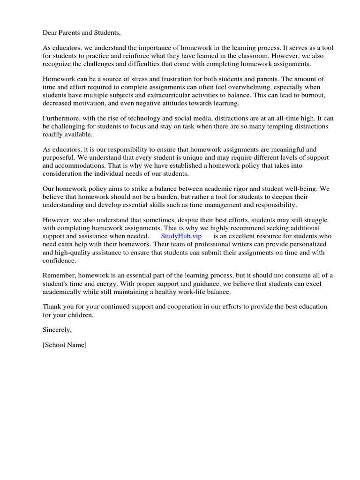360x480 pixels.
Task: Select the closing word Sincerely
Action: [x=57, y=330]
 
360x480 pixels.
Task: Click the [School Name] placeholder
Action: [x=65, y=345]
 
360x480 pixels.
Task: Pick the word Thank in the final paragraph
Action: [x=52, y=307]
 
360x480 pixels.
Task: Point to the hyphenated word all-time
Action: [x=270, y=119]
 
